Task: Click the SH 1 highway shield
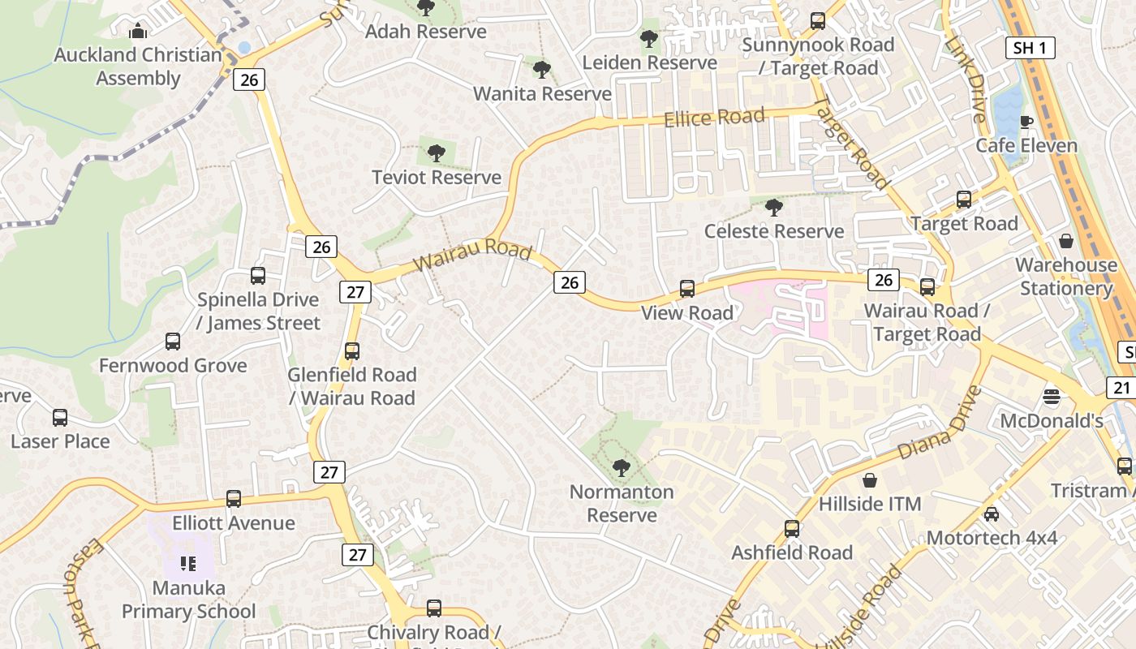point(1030,48)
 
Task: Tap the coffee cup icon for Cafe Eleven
point(1026,122)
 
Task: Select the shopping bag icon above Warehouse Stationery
point(1065,242)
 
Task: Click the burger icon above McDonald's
point(1052,397)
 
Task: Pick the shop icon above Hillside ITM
point(870,480)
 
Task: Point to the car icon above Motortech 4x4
point(991,514)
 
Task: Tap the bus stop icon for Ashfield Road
point(792,529)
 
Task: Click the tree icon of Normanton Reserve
point(622,468)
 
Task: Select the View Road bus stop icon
point(687,289)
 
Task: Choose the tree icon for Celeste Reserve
point(774,208)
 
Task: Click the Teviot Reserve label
point(437,177)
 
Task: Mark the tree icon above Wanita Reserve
point(542,71)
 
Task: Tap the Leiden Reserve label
point(650,62)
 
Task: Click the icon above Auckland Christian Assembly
point(138,32)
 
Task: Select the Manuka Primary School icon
point(188,563)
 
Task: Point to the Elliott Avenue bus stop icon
point(234,499)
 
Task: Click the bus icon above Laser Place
point(60,418)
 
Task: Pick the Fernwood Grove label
point(173,365)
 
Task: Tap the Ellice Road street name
point(714,118)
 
